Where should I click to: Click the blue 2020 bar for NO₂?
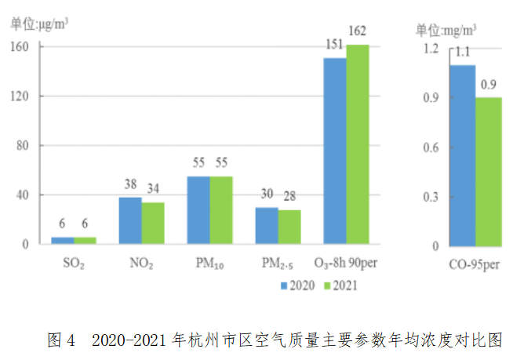130,220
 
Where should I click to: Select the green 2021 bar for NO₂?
153,223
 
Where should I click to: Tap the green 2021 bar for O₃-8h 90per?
357,144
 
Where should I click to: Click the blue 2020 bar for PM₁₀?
198,210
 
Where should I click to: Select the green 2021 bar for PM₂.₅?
289,227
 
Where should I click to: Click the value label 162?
357,31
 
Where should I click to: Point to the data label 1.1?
462,53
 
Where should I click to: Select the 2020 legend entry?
298,285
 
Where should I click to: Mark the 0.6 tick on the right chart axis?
430,147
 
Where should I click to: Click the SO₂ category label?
72,263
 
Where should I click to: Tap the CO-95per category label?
475,264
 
